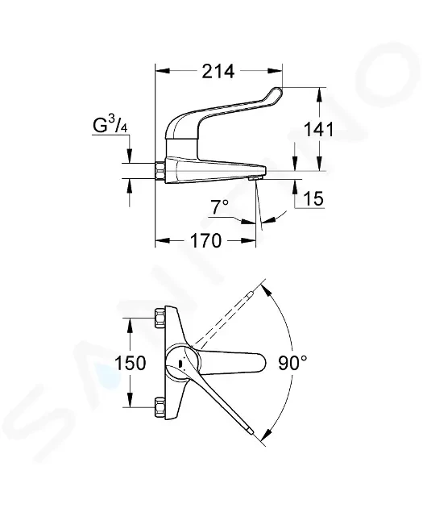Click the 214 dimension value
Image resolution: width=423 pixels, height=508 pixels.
tap(218, 72)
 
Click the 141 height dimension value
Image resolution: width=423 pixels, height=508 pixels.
tap(318, 130)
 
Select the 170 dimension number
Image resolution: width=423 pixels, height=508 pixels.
tap(205, 241)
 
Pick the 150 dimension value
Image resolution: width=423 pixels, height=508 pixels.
tap(131, 363)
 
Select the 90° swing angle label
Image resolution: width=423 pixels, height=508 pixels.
tap(292, 363)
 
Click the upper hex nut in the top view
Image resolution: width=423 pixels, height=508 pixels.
tap(160, 319)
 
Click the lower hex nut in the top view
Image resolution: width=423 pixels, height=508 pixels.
tap(160, 406)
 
